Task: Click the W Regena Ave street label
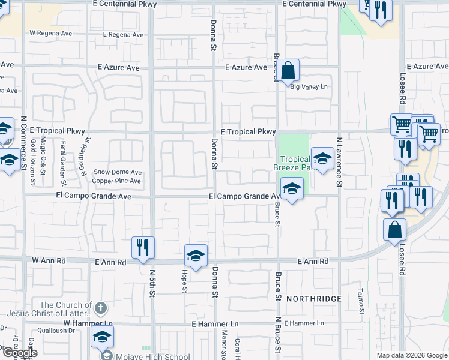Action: coord(50,34)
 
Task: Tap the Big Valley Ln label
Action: coord(310,87)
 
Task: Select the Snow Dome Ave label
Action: coord(118,172)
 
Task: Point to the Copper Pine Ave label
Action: coord(117,181)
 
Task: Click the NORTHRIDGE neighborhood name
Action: coord(313,299)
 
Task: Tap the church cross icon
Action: coord(101,308)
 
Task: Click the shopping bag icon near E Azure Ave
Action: coord(288,70)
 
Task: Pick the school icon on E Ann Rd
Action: coord(196,256)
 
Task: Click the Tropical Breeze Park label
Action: coord(295,163)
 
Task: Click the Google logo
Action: coord(19,353)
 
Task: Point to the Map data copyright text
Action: coord(411,355)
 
